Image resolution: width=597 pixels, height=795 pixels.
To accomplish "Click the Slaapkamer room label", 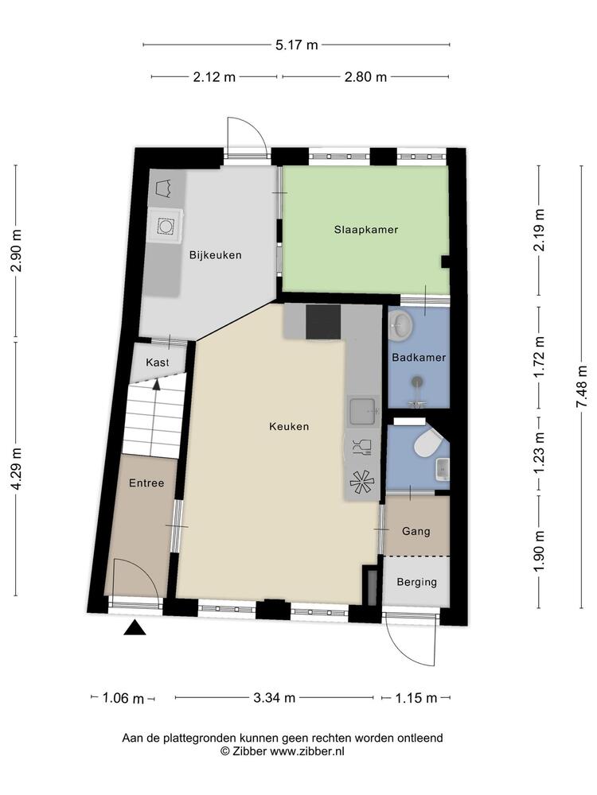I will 365,229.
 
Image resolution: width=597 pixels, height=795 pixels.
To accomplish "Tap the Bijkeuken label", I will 215,255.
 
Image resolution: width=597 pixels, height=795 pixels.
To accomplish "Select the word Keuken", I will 289,426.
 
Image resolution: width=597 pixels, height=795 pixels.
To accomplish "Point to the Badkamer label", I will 419,358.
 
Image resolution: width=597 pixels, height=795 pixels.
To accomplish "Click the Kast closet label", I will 158,362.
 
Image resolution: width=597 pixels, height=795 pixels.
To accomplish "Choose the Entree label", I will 146,483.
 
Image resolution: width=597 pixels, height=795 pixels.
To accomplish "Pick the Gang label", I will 416,531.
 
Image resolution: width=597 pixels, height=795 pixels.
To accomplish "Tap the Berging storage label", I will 417,582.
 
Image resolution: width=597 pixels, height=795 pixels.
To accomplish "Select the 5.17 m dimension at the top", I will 296,45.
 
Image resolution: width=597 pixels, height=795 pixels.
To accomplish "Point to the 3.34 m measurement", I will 274,698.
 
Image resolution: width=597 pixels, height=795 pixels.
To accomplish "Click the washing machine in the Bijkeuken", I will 166,227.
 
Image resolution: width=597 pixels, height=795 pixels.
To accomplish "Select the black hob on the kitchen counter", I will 324,322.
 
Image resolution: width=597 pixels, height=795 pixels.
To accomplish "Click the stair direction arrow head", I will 157,384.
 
